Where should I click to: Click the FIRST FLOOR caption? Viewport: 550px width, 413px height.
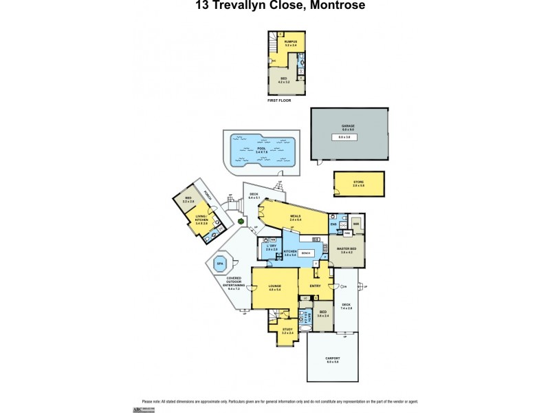(x=279, y=100)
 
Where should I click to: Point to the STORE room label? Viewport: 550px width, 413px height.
(x=359, y=182)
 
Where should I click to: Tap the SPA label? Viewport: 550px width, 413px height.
(x=221, y=264)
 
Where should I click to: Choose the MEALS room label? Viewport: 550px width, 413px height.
(x=296, y=216)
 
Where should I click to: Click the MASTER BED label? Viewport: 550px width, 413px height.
(x=346, y=250)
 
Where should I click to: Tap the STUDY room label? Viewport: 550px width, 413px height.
(x=287, y=330)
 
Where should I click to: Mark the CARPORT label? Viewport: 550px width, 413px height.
(x=333, y=359)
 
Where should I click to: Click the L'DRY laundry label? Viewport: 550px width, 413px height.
(x=271, y=246)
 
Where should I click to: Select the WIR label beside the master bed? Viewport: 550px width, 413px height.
(x=356, y=224)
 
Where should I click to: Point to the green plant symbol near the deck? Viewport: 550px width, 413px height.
(x=240, y=221)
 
